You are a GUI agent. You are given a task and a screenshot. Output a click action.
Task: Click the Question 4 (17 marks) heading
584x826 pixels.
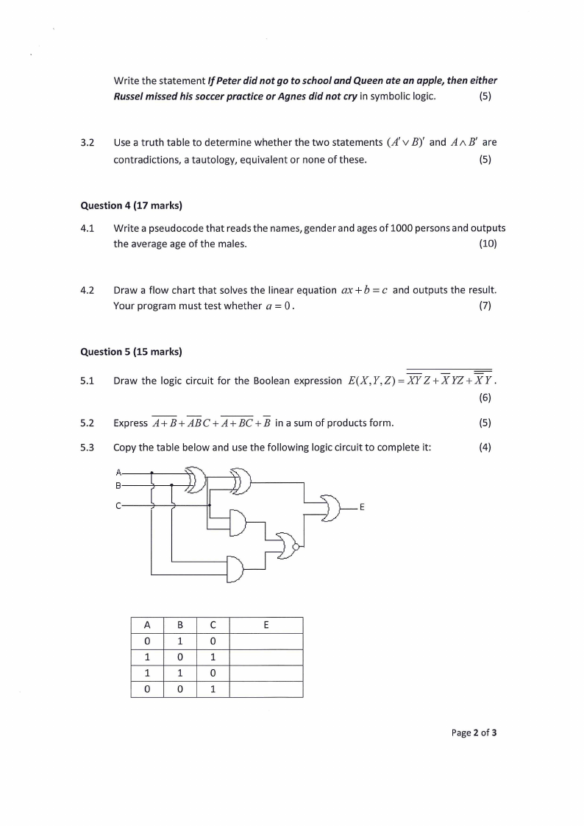[131, 206]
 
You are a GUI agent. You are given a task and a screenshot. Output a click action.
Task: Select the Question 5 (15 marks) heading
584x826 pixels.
[131, 352]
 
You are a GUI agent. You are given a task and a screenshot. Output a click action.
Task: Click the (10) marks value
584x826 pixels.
[488, 244]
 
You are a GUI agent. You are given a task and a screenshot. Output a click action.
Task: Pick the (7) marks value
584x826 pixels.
[485, 306]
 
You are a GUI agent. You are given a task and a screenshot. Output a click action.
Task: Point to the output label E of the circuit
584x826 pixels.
[362, 507]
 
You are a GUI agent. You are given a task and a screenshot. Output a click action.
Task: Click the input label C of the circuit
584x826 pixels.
[118, 505]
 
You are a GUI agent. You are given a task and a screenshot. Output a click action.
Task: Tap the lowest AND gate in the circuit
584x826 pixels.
[235, 568]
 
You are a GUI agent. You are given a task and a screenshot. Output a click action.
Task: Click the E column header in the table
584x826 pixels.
[266, 626]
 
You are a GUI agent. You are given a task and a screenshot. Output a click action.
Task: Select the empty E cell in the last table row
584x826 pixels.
[266, 690]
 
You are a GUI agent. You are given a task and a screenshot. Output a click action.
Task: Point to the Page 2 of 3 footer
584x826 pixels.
[474, 733]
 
